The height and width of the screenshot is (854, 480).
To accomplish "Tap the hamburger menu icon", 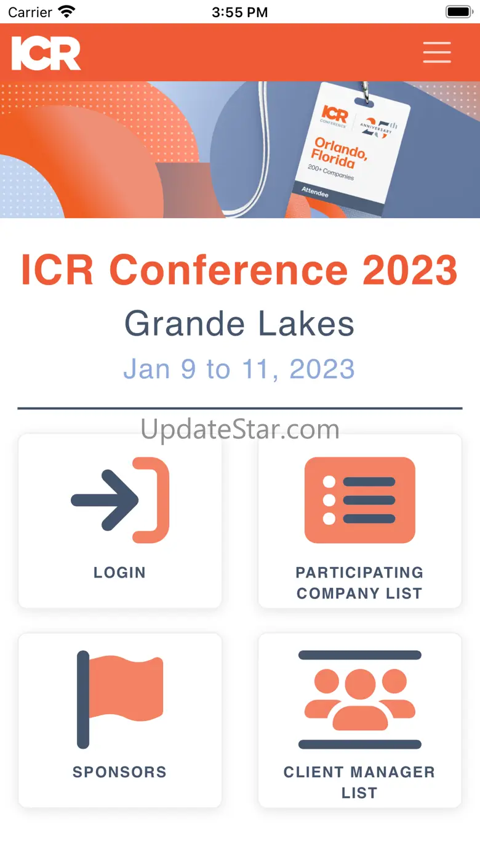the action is click(x=437, y=52).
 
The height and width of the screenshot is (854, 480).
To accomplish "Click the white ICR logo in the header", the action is click(x=46, y=54).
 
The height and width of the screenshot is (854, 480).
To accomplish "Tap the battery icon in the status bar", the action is click(x=460, y=12).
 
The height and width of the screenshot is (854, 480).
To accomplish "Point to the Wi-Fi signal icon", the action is click(x=66, y=12).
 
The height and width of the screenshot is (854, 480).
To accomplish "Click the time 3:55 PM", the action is click(x=240, y=12).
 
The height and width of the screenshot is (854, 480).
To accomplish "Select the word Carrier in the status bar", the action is click(x=30, y=12).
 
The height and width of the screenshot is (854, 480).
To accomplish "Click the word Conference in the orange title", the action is click(x=228, y=270).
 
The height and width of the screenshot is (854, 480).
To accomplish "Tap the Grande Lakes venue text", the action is click(x=239, y=324).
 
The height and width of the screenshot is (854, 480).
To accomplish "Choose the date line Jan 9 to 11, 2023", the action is click(x=239, y=369).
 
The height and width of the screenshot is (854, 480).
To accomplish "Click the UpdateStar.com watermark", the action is click(x=240, y=429).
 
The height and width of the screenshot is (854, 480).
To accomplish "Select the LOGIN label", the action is click(x=119, y=572).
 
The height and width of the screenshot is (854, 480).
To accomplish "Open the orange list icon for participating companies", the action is click(x=360, y=500).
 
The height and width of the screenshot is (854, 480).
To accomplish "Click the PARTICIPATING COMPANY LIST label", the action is click(x=359, y=582).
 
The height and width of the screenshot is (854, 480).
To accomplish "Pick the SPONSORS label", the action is click(x=119, y=771).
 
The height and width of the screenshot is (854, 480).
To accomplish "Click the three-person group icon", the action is click(x=360, y=699).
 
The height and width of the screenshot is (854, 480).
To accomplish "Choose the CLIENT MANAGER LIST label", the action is click(x=359, y=783).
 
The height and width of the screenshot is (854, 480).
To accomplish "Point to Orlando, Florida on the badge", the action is click(x=338, y=153).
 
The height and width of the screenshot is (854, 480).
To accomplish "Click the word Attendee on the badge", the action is click(x=315, y=191).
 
